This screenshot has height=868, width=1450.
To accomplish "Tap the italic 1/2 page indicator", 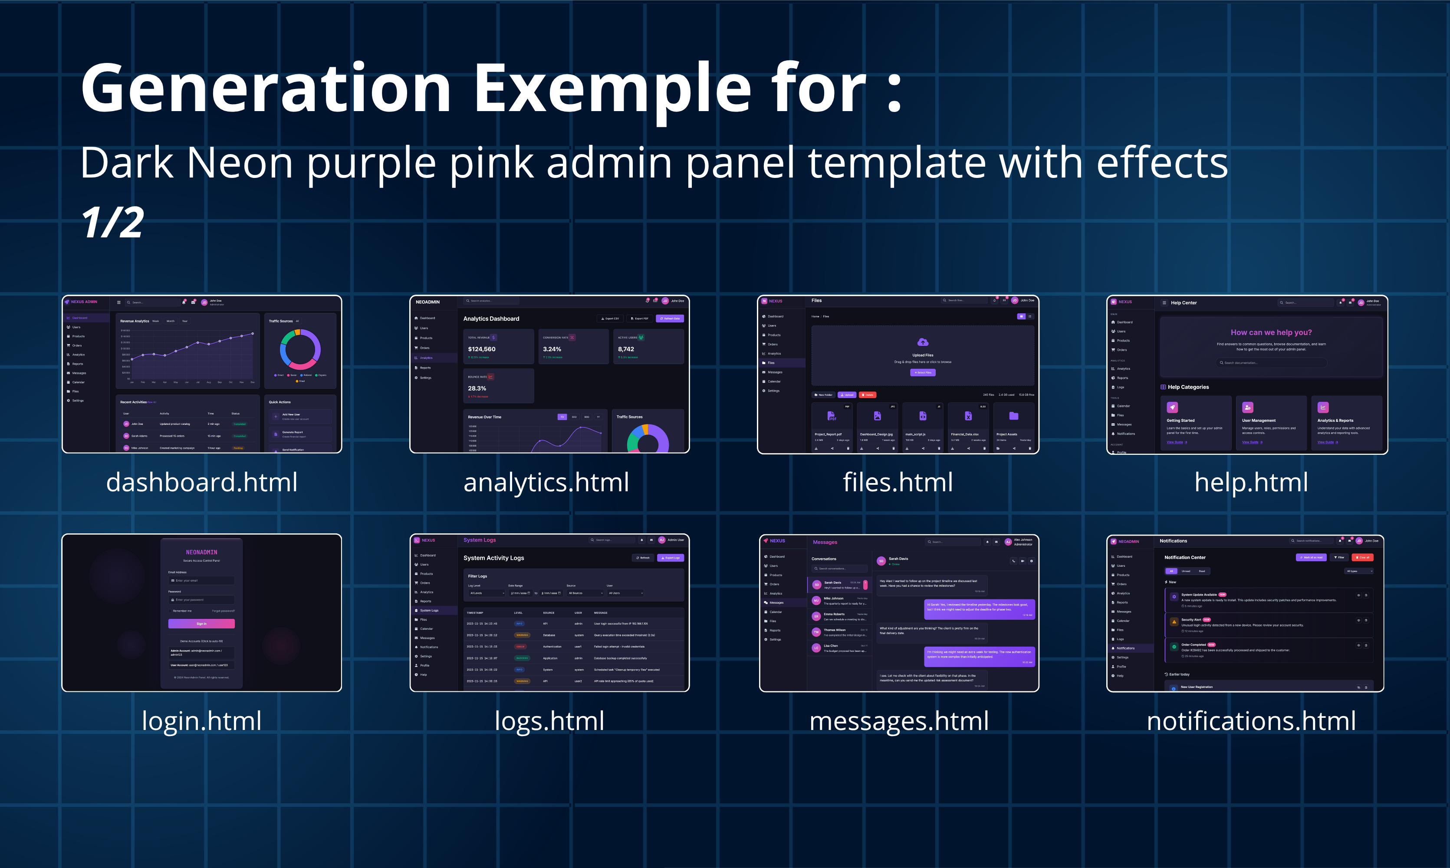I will (x=112, y=222).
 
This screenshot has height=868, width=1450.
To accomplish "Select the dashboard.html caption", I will (x=202, y=483).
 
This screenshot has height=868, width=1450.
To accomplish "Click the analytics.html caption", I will (x=546, y=483).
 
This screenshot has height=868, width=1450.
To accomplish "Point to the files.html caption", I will (x=898, y=483).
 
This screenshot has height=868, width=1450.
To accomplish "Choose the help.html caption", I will (x=1251, y=483).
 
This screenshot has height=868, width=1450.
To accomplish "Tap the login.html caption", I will (x=202, y=720).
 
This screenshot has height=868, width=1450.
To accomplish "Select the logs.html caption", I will (x=549, y=720).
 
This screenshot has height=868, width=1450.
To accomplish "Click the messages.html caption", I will (x=899, y=720).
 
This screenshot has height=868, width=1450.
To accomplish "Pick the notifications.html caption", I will (x=1251, y=720).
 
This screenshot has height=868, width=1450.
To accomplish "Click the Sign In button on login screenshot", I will (x=201, y=624).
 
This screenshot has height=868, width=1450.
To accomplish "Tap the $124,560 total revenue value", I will (x=481, y=349).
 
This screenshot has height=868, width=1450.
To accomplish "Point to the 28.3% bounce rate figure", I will (x=477, y=388).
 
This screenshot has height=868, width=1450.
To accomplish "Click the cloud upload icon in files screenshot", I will (x=922, y=342).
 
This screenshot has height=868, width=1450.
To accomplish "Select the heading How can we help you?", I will (x=1271, y=332).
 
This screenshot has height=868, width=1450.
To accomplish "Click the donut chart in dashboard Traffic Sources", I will (x=300, y=349).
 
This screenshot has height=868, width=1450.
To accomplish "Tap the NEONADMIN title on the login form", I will (x=201, y=552).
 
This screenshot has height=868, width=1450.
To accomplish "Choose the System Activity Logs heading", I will (x=493, y=558).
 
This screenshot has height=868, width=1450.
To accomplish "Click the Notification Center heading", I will (x=1184, y=557).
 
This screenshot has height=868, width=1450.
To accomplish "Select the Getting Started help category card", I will (x=1196, y=423).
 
